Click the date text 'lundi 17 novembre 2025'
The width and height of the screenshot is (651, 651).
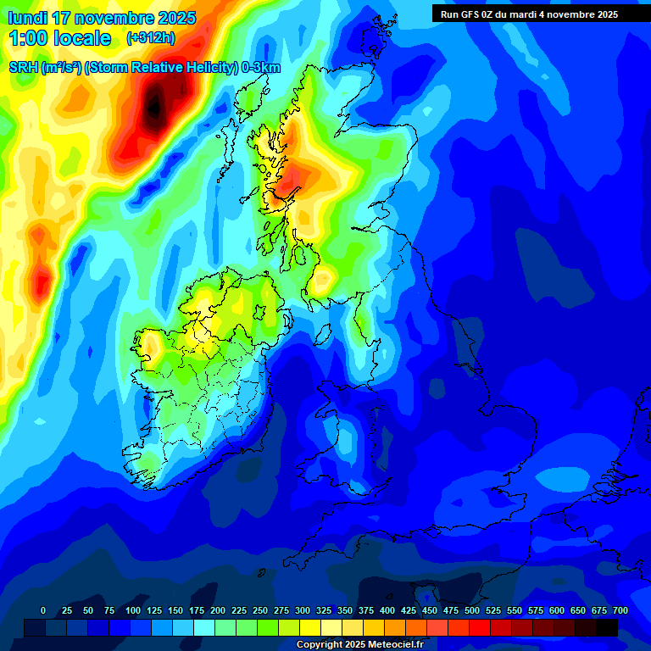(102, 18)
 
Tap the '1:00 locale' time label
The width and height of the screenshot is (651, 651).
(59, 38)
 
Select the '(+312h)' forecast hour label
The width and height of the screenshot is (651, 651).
(151, 38)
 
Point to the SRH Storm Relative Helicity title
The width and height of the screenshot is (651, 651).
(144, 68)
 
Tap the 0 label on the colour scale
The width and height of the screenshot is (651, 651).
(43, 610)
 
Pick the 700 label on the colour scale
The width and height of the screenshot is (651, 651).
(620, 610)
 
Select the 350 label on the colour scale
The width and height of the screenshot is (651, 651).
(345, 610)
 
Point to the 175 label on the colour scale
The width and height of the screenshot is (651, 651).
(197, 610)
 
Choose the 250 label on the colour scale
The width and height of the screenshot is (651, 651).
(260, 610)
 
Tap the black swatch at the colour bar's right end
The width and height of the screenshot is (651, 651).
(606, 627)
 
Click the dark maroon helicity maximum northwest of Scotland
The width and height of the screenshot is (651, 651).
(153, 105)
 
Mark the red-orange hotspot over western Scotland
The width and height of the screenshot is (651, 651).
(293, 179)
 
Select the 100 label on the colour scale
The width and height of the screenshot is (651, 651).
(133, 610)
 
